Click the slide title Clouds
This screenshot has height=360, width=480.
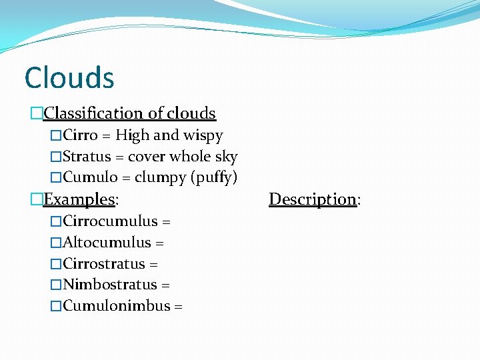(x=69, y=77)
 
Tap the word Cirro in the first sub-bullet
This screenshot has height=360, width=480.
(x=81, y=135)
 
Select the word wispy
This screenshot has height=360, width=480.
(x=203, y=136)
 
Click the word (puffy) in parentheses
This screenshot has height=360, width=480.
(x=214, y=179)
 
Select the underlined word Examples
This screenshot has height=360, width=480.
(x=79, y=199)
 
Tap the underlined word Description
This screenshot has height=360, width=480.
(x=312, y=199)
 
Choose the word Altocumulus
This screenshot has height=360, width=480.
(x=107, y=243)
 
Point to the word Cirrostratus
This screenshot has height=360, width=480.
(x=104, y=264)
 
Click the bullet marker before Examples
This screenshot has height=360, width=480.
(x=37, y=199)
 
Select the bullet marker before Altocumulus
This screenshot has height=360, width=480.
(x=56, y=243)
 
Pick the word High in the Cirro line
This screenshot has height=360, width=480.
(x=133, y=136)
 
